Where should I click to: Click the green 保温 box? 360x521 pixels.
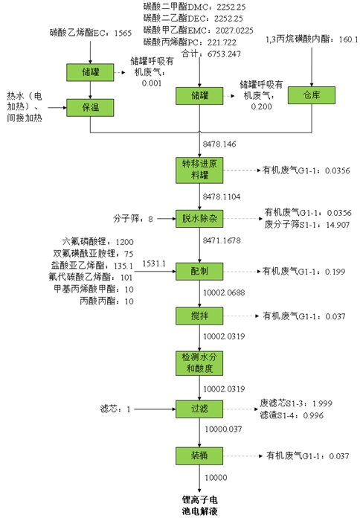pyautogui.click(x=90, y=108)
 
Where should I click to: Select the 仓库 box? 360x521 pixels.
pyautogui.click(x=312, y=95)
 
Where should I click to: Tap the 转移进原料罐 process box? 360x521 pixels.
pyautogui.click(x=199, y=170)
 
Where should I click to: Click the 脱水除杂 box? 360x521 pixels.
pyautogui.click(x=199, y=219)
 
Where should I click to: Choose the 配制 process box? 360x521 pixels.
pyautogui.click(x=199, y=272)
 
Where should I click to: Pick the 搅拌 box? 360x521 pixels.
pyautogui.click(x=199, y=316)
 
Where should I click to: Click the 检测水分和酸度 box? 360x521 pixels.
pyautogui.click(x=199, y=363)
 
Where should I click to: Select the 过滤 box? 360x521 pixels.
pyautogui.click(x=199, y=409)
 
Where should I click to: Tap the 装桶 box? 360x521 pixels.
pyautogui.click(x=199, y=456)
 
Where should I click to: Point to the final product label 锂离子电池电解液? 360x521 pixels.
pyautogui.click(x=199, y=505)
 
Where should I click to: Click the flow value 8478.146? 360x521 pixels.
pyautogui.click(x=219, y=144)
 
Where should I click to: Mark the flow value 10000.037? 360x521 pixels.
pyautogui.click(x=223, y=429)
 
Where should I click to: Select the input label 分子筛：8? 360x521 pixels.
pyautogui.click(x=133, y=219)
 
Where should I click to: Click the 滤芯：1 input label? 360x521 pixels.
pyautogui.click(x=115, y=409)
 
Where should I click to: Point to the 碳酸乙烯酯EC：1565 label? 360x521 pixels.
pyautogui.click(x=91, y=33)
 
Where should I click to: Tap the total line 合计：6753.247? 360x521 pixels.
pyautogui.click(x=211, y=54)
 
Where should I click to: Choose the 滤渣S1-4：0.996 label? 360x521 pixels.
pyautogui.click(x=292, y=415)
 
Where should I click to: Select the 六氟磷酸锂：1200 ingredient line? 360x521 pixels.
pyautogui.click(x=97, y=242)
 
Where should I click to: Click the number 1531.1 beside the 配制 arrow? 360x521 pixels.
pyautogui.click(x=154, y=263)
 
